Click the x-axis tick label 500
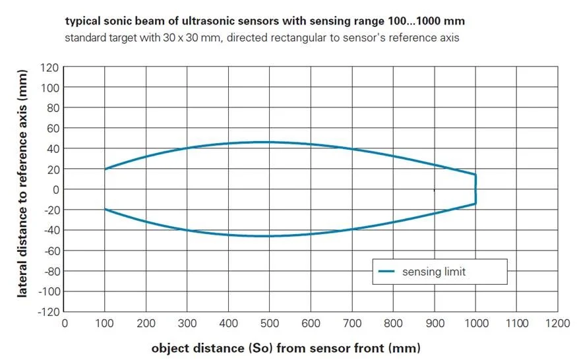click(x=269, y=324)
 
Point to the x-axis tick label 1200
click(x=558, y=324)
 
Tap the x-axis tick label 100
click(x=104, y=324)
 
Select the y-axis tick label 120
click(x=49, y=67)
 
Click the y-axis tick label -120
click(x=48, y=312)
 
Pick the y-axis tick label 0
click(x=55, y=190)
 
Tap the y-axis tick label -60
click(x=51, y=251)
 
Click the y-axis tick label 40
click(x=52, y=149)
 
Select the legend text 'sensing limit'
click(x=434, y=272)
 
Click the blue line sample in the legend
click(x=386, y=271)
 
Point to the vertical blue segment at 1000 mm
click(x=475, y=189)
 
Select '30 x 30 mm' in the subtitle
click(x=192, y=38)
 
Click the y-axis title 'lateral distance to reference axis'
click(x=22, y=183)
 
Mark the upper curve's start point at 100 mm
click(x=105, y=169)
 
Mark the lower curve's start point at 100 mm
click(x=105, y=209)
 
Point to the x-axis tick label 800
click(x=393, y=324)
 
